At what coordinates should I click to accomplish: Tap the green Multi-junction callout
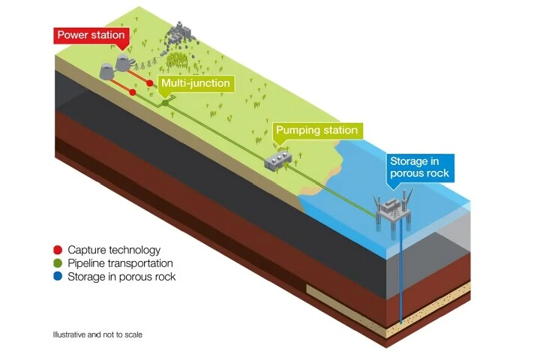point(196,84)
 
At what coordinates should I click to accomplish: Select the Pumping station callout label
point(316,130)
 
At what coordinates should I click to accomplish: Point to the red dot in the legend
point(58,250)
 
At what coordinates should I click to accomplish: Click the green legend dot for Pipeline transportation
point(58,263)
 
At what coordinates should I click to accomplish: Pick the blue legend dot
point(58,277)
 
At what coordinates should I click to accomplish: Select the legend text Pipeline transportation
point(120,263)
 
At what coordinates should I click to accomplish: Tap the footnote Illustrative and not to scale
point(97,334)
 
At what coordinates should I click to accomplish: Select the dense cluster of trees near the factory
point(179,58)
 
